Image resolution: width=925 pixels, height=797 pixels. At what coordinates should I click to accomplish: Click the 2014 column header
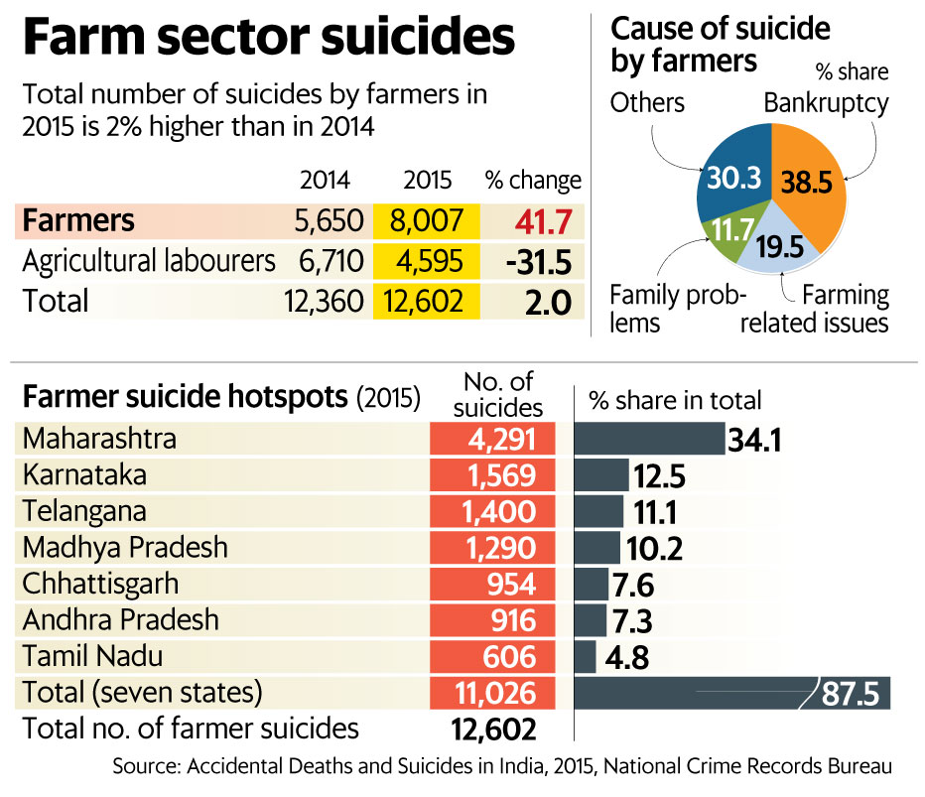(325, 181)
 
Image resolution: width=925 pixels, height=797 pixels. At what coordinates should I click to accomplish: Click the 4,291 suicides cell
(491, 439)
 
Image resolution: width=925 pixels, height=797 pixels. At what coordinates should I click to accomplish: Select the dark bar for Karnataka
(601, 475)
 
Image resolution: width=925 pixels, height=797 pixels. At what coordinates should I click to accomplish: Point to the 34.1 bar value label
(756, 439)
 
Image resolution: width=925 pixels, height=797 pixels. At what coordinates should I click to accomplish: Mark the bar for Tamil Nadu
(586, 657)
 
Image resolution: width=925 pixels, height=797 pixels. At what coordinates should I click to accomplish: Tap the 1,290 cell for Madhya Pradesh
(491, 548)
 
